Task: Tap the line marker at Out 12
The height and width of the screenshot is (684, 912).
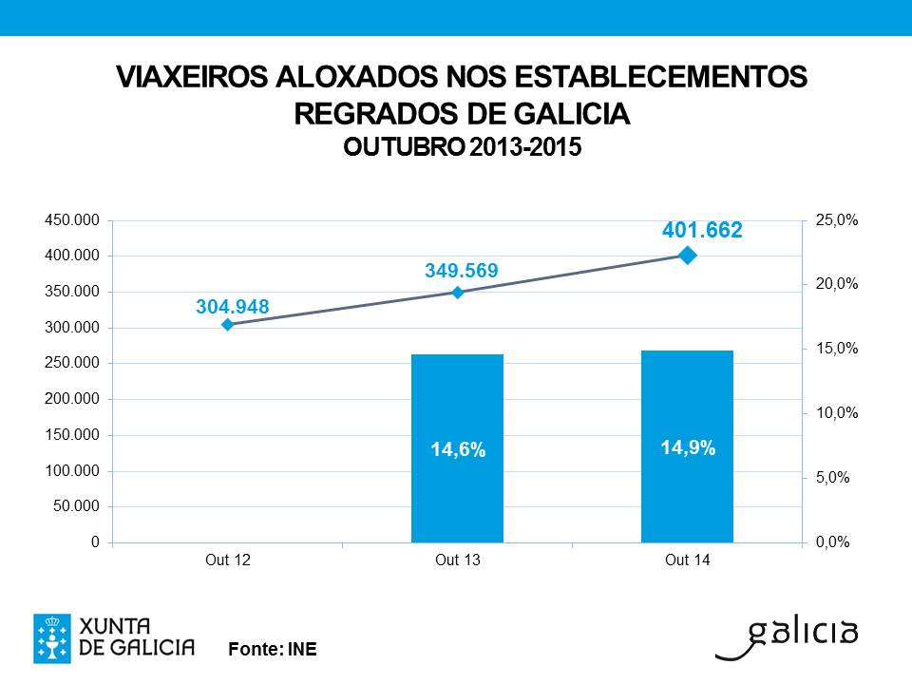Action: pyautogui.click(x=228, y=325)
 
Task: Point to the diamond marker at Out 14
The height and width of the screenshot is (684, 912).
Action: pyautogui.click(x=687, y=255)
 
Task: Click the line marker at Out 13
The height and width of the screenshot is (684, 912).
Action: pyautogui.click(x=457, y=293)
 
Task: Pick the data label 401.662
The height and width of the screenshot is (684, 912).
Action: pyautogui.click(x=702, y=230)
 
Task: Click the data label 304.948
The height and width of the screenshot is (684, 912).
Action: pyautogui.click(x=233, y=307)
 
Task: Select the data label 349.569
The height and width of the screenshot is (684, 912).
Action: pyautogui.click(x=461, y=272)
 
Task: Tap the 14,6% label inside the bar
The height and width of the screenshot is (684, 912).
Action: pyautogui.click(x=458, y=450)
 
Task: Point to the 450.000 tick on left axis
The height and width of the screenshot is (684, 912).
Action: pyautogui.click(x=71, y=220)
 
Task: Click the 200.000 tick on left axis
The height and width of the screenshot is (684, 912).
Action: pyautogui.click(x=71, y=399)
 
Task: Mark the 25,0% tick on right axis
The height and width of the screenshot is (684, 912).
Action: pyautogui.click(x=837, y=220)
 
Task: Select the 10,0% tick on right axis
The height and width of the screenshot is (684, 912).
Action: pyautogui.click(x=837, y=413)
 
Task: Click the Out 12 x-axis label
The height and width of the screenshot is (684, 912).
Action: pyautogui.click(x=228, y=560)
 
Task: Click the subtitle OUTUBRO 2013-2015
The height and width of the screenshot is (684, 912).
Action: pyautogui.click(x=461, y=148)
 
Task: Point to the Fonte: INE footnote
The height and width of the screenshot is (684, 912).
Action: pyautogui.click(x=273, y=650)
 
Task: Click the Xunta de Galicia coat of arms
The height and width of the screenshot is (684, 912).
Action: pyautogui.click(x=51, y=637)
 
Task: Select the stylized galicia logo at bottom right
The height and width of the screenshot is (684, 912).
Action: pyautogui.click(x=788, y=637)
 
